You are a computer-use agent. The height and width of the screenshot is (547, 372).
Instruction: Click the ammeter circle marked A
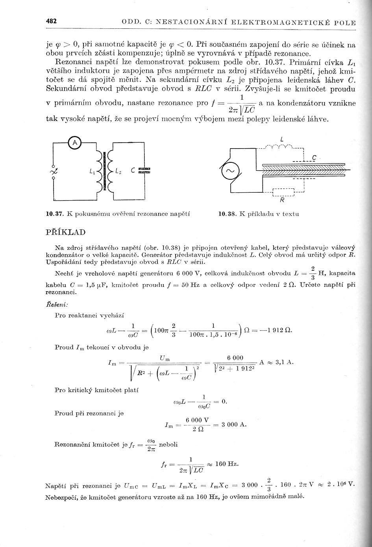tap(75, 143)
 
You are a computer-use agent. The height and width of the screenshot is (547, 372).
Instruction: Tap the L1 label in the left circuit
tap(91, 171)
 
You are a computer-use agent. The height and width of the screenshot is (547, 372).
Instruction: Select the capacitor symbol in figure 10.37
tap(144, 170)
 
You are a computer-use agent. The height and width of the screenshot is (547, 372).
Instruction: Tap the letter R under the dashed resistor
tap(282, 200)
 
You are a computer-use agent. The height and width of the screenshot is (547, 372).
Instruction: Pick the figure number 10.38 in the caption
tap(227, 214)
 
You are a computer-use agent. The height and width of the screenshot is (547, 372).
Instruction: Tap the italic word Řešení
tap(57, 304)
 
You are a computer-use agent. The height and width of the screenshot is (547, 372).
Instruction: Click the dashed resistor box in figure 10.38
tap(284, 192)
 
